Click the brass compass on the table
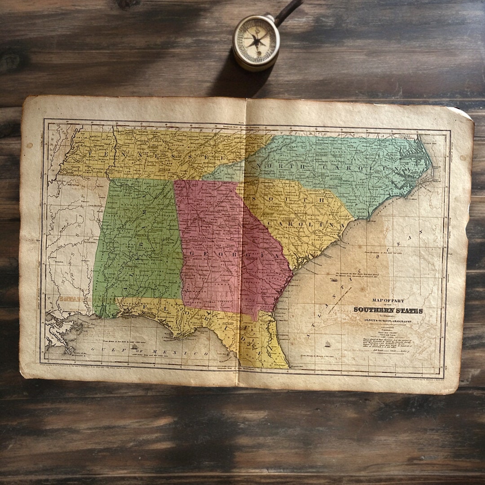[256, 42]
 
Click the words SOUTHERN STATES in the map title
[388, 310]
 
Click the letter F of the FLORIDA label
[132, 306]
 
